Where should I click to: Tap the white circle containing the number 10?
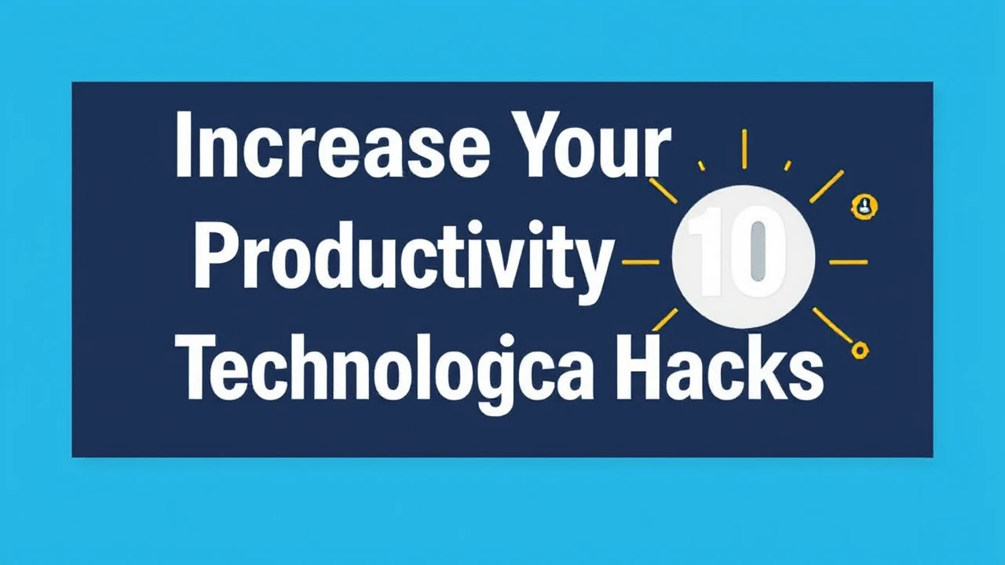click(743, 256)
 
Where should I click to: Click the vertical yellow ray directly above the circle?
click(744, 149)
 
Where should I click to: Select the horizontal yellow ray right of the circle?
click(848, 262)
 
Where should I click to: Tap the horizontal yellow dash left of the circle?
click(641, 262)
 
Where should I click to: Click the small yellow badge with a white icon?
click(864, 206)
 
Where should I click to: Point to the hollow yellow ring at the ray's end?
click(861, 351)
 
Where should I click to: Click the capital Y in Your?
click(543, 144)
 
